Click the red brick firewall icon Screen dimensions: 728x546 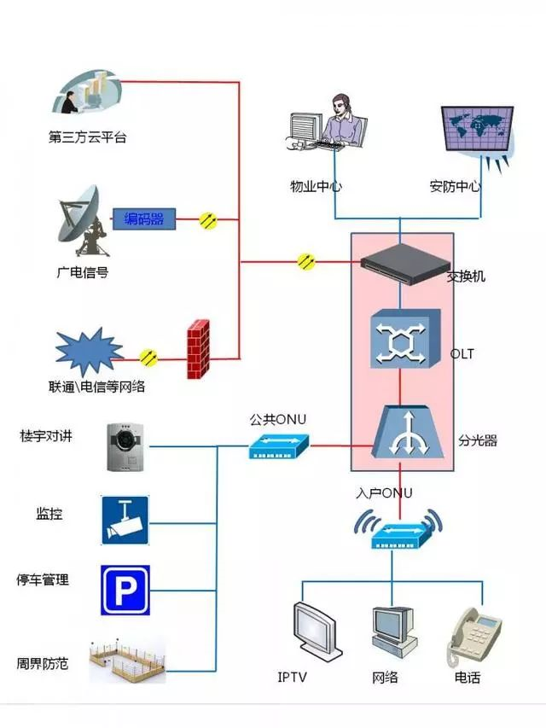(x=198, y=349)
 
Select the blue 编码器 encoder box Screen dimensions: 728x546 (x=144, y=219)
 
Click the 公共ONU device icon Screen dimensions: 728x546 (x=279, y=445)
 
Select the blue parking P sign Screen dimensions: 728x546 (x=125, y=590)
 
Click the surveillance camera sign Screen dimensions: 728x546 (x=125, y=519)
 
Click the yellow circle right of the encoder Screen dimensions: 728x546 (x=208, y=220)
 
